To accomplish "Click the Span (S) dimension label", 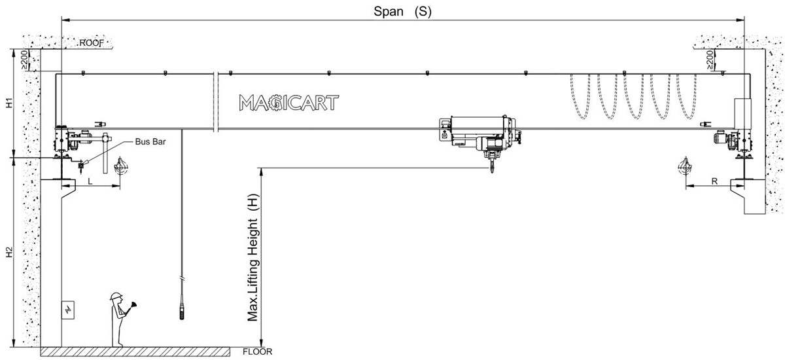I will point(402,11).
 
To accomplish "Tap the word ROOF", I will point(92,43).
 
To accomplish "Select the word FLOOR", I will point(257,351).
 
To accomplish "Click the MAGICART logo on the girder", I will point(288,102).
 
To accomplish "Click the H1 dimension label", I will point(9,103).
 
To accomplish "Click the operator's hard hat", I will point(116,297).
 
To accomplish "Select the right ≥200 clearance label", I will point(710,61).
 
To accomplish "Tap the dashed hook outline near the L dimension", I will point(120,167).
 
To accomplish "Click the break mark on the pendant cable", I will point(182,279).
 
